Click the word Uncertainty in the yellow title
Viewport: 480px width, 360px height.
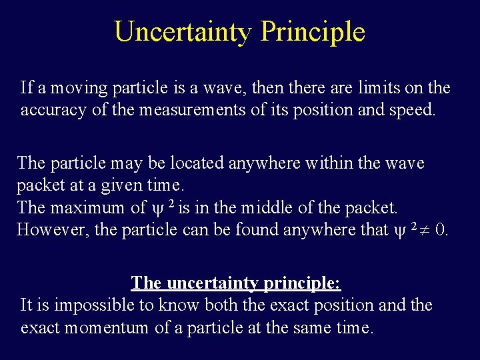(183, 31)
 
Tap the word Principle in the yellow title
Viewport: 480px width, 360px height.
(313, 31)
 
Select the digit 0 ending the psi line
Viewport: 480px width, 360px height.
(440, 230)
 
